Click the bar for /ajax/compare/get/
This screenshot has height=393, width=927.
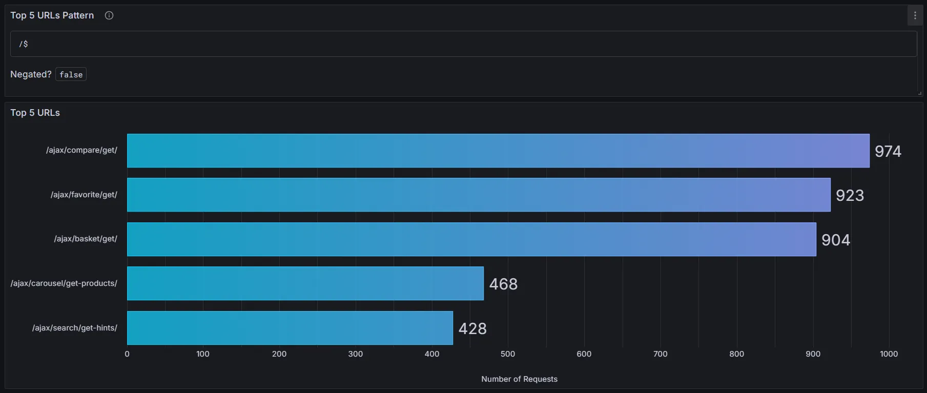tap(498, 151)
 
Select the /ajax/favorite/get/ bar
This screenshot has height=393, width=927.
tap(479, 195)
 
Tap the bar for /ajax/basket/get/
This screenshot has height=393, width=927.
tap(471, 239)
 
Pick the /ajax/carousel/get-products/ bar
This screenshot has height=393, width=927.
tap(305, 283)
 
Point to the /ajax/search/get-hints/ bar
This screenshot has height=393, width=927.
tap(290, 328)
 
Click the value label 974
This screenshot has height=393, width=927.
tap(888, 151)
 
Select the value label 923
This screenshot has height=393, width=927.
tap(850, 195)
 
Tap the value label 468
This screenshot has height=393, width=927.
tap(503, 284)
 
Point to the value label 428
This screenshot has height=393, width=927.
tap(472, 328)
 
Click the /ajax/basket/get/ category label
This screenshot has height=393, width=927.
tap(86, 239)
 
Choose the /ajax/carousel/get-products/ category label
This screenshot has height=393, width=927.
tap(64, 283)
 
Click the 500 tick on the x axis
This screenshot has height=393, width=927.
tap(508, 354)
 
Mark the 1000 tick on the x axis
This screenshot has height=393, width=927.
tap(889, 354)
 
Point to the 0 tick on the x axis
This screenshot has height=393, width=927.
tap(127, 354)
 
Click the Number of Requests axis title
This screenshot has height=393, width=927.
tap(519, 379)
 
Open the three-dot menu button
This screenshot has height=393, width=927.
tap(915, 15)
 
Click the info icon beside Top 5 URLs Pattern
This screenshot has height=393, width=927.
tap(109, 15)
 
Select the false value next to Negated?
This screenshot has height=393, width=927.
tap(71, 75)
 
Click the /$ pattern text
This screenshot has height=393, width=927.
tap(24, 44)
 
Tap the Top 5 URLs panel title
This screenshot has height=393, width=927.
tap(35, 113)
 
